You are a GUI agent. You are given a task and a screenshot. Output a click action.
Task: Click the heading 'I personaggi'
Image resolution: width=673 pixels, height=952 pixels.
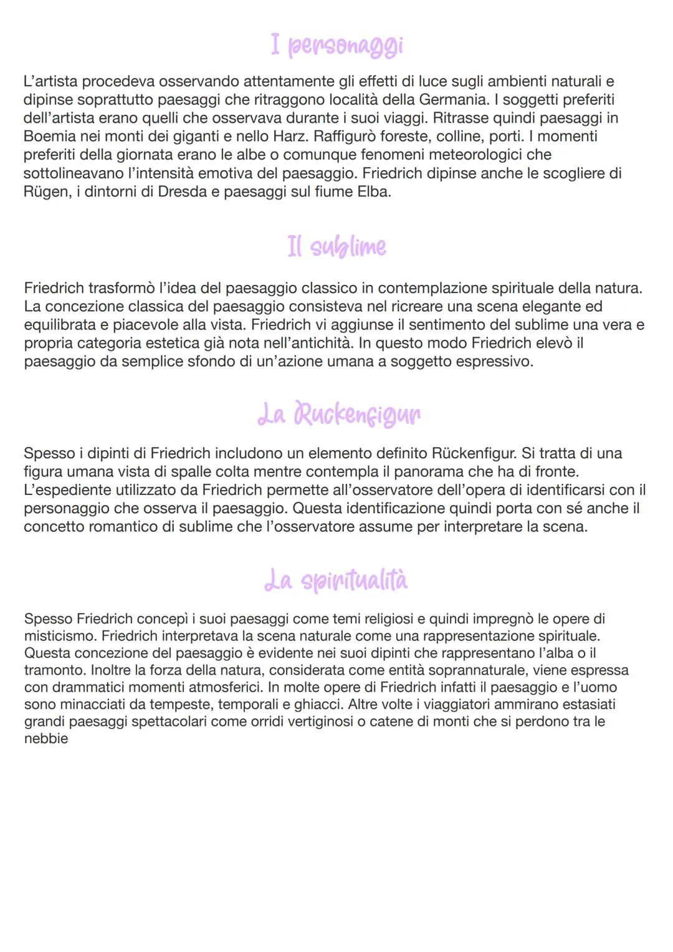point(336,46)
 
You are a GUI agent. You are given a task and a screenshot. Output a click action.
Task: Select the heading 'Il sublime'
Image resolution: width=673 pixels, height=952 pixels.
point(336,246)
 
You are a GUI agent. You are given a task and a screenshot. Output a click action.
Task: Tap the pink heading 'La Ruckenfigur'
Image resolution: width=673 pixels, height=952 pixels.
point(338,414)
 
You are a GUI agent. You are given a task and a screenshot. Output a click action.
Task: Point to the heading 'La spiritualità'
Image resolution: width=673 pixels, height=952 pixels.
point(336,580)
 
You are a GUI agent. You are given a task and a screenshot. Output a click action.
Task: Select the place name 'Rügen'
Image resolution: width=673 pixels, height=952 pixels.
point(45,191)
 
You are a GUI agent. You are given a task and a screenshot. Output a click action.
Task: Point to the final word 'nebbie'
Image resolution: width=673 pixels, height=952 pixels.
point(45,739)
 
